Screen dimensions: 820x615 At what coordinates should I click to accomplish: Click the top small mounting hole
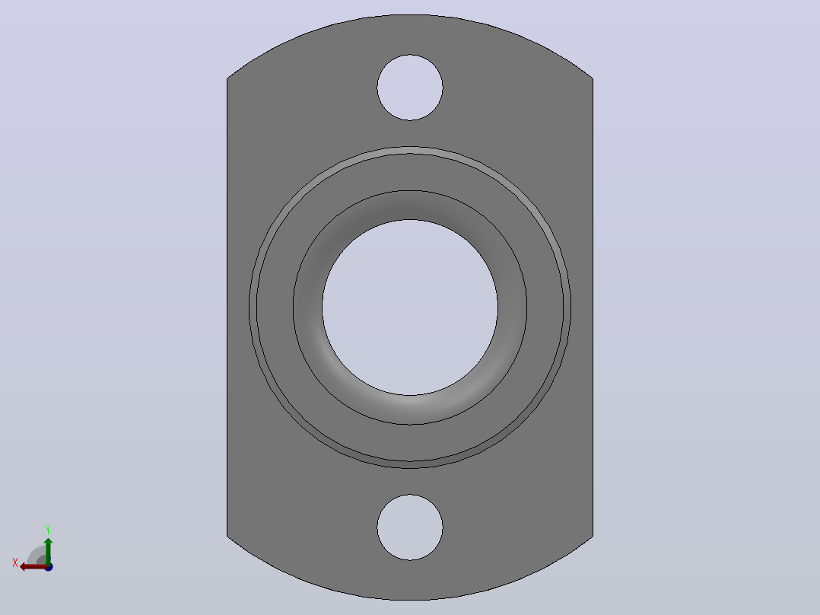coord(410,88)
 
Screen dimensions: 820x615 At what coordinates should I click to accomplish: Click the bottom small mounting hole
coord(410,527)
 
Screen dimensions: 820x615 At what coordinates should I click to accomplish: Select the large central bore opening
coord(410,307)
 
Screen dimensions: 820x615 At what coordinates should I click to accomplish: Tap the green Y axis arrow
coord(48,550)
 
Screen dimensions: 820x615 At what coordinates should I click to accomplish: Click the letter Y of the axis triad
coord(48,529)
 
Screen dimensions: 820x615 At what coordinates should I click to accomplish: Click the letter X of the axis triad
coord(15,562)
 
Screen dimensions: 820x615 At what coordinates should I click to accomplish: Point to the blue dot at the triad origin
coord(49,567)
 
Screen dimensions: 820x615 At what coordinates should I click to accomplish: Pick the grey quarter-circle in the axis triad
coord(37,556)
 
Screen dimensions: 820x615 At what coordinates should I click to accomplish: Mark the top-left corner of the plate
coord(227,78)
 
